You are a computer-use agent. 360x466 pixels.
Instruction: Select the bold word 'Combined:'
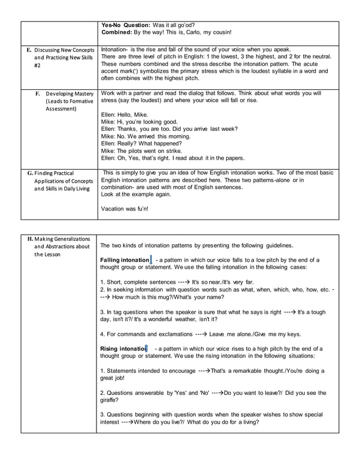(116, 33)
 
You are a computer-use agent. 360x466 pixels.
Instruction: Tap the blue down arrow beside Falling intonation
(152, 260)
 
